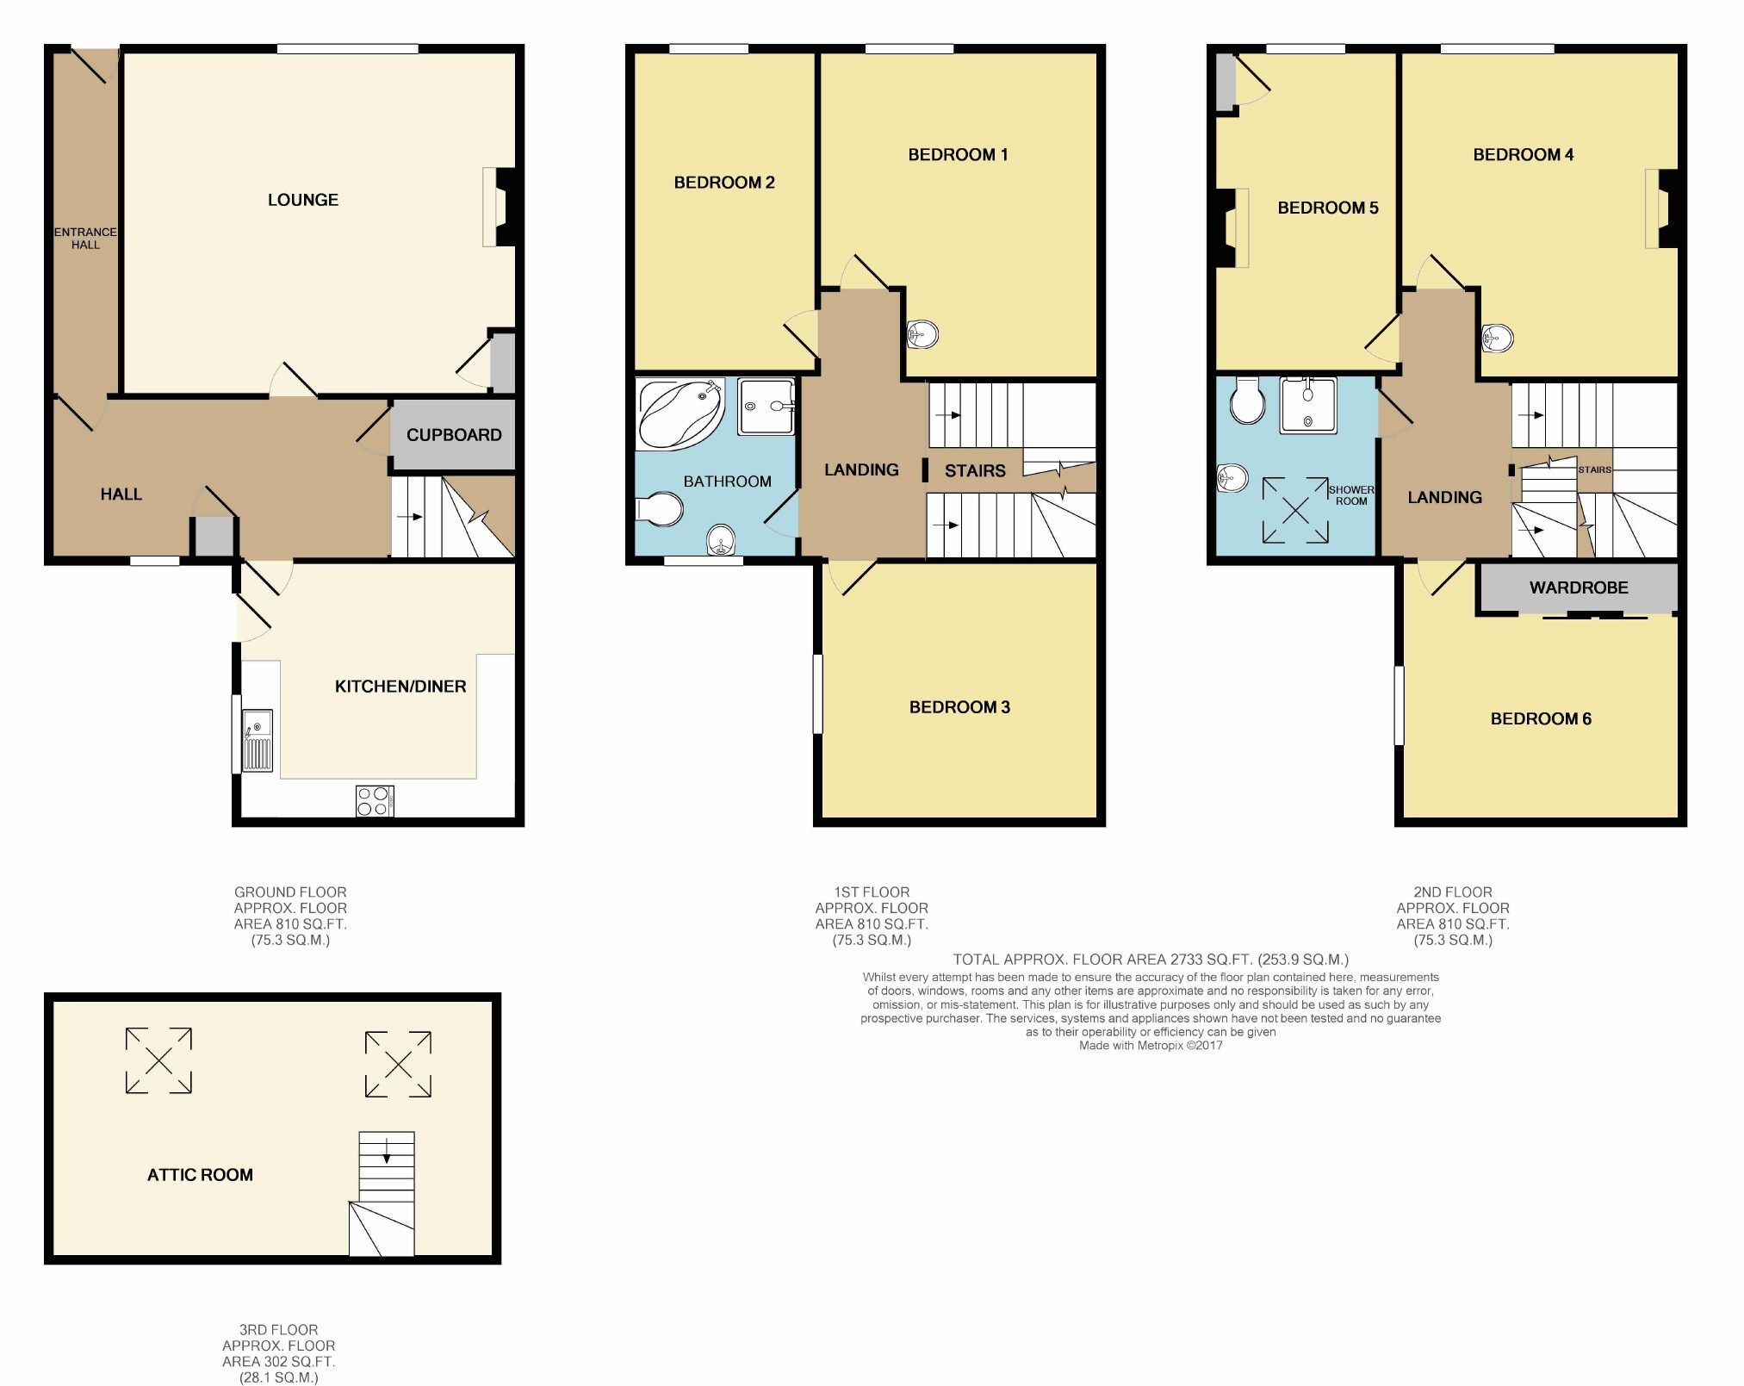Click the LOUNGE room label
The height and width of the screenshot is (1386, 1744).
pyautogui.click(x=302, y=200)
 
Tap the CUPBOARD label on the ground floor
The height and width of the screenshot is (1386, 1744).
pyautogui.click(x=454, y=435)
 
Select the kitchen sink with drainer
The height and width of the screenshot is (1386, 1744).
pyautogui.click(x=258, y=740)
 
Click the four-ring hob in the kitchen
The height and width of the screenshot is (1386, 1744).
pyautogui.click(x=375, y=800)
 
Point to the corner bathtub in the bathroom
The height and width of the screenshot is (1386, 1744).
pyautogui.click(x=680, y=415)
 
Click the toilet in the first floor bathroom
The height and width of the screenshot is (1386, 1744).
pyautogui.click(x=659, y=508)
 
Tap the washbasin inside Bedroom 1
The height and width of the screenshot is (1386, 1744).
pyautogui.click(x=922, y=333)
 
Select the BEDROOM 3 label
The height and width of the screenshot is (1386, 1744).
pyautogui.click(x=959, y=707)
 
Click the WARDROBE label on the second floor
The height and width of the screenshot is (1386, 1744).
pyautogui.click(x=1579, y=587)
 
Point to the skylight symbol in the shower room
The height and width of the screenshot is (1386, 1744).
pyautogui.click(x=1295, y=510)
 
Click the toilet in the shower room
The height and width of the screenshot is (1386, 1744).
pyautogui.click(x=1248, y=400)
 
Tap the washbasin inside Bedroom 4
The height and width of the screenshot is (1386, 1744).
pyautogui.click(x=1498, y=338)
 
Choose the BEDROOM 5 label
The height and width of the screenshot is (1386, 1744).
pyautogui.click(x=1328, y=208)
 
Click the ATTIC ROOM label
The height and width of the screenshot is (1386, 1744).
pyautogui.click(x=200, y=1175)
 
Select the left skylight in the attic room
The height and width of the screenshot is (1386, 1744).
pyautogui.click(x=158, y=1060)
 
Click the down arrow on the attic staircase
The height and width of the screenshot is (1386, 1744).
pyautogui.click(x=387, y=1151)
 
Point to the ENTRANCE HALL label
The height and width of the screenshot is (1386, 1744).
pyautogui.click(x=85, y=238)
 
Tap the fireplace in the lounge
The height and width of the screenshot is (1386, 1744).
pyautogui.click(x=499, y=207)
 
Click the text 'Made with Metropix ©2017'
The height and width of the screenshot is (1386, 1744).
pyautogui.click(x=1151, y=1046)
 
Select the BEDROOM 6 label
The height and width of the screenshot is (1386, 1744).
pyautogui.click(x=1541, y=718)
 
